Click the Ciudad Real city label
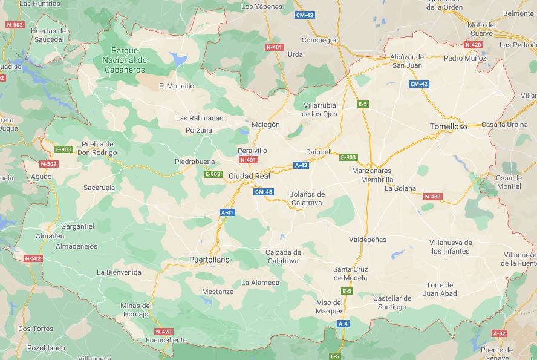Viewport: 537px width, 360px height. [x=249, y=176]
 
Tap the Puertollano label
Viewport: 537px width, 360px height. [x=209, y=260]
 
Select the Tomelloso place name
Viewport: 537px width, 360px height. [x=448, y=126]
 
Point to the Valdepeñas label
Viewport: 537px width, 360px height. [x=368, y=240]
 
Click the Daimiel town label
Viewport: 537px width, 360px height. [x=318, y=151]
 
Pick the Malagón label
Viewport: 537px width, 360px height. [x=265, y=125]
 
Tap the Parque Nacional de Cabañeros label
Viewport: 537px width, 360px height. [x=125, y=60]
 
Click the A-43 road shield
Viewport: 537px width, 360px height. [x=301, y=165]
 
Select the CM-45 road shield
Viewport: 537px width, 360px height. [x=264, y=192]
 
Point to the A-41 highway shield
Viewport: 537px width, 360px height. [x=227, y=212]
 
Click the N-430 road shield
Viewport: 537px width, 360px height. [x=432, y=197]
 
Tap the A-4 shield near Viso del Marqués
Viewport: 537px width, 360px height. [x=343, y=324]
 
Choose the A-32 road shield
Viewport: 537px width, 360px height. [x=499, y=333]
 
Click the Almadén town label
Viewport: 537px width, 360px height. [x=50, y=236]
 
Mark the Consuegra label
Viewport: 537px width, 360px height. [x=319, y=41]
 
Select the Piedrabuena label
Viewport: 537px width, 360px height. [x=195, y=162]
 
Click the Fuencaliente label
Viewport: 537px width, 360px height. [x=166, y=340]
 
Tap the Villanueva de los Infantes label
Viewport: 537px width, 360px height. [x=451, y=247]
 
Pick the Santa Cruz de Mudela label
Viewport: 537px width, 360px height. [x=350, y=273]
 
